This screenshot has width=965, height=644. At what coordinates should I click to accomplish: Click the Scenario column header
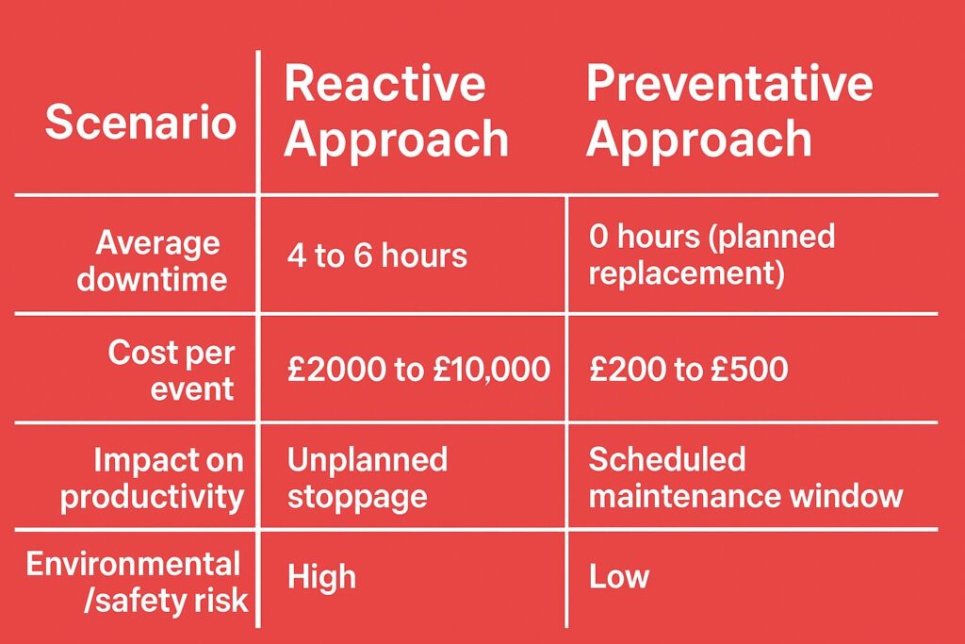pos(141,122)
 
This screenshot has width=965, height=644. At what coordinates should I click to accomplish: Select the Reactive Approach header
pos(397,112)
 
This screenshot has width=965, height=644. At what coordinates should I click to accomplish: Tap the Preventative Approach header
pos(729,112)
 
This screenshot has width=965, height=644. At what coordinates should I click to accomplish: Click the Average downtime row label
pos(152,260)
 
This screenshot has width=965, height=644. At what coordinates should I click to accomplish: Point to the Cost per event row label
pos(172,370)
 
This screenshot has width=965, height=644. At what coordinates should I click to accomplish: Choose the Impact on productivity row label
pos(152,479)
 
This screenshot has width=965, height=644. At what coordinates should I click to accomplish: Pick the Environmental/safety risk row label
pos(137,583)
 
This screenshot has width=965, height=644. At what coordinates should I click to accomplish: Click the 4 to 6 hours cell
pos(377,256)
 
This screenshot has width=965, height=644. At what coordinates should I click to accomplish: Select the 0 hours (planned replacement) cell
pos(712,255)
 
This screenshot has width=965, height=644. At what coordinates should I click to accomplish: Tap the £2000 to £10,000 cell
pos(418,370)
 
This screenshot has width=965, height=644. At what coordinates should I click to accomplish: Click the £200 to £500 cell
pos(689,370)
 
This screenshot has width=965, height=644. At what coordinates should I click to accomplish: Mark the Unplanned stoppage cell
pos(368,478)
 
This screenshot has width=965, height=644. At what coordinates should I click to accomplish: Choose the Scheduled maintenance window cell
pos(746,478)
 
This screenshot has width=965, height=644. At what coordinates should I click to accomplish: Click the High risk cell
pos(322,577)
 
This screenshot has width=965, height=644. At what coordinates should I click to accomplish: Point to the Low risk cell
pos(619,577)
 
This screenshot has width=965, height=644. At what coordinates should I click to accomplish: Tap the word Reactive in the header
pos(384,83)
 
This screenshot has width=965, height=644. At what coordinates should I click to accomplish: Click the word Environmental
pos(133,564)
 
